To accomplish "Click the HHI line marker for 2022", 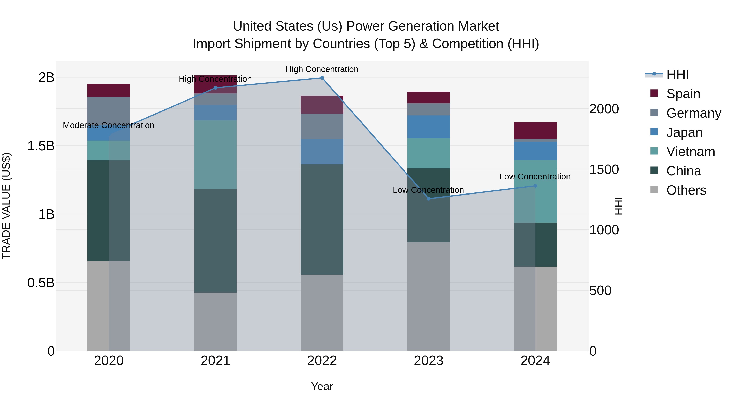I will (322, 78).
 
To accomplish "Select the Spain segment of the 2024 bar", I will (535, 130).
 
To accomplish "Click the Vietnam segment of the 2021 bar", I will (215, 154).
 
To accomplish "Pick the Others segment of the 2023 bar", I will (428, 296).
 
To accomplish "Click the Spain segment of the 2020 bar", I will (109, 90).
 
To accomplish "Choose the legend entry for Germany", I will (693, 113).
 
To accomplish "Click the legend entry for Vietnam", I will (690, 152).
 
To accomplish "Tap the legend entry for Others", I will (686, 190).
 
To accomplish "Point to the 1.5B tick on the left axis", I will (41, 146).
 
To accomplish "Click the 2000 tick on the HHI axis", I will (604, 109).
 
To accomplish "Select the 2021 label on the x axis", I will (215, 361).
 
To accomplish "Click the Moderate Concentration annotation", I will (109, 125).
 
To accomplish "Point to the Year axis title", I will (322, 386).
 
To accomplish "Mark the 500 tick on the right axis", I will (600, 291).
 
